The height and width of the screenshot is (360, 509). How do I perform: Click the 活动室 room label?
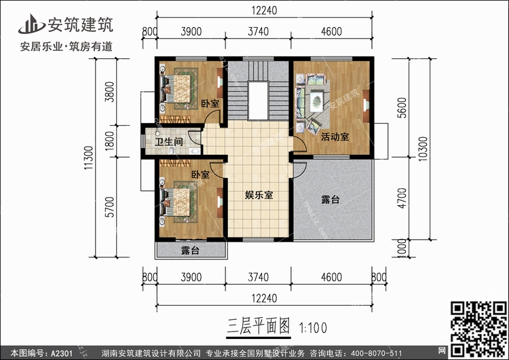click(x=335, y=137)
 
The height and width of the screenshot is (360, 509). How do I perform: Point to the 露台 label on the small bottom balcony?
click(x=190, y=251)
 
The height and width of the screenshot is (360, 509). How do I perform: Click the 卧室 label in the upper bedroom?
click(x=210, y=103)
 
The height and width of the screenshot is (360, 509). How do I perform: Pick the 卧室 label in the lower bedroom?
click(x=199, y=175)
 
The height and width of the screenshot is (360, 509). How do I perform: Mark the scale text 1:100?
click(x=312, y=328)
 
